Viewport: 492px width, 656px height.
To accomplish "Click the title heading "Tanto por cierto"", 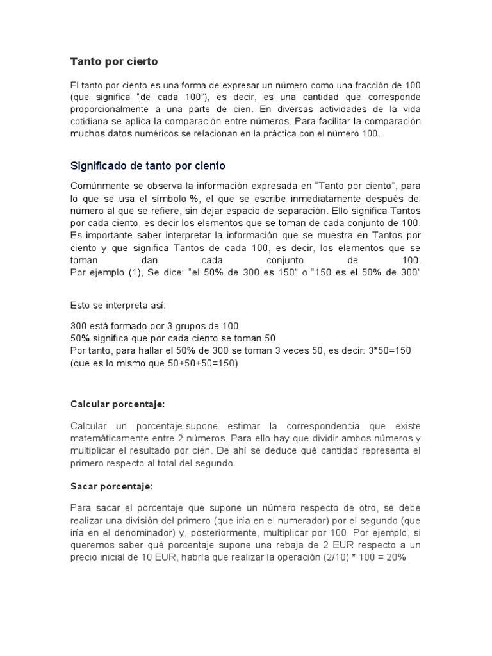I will click(113, 62).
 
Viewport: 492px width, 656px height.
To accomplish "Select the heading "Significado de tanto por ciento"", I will click(147, 166).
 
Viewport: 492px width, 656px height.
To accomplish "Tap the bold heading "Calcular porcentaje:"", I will click(117, 405).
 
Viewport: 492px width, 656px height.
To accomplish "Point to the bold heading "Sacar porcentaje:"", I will click(111, 487).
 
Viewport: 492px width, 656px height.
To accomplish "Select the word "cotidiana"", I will click(90, 122).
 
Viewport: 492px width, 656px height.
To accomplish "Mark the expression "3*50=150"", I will click(389, 350).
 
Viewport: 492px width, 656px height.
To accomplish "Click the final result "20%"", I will click(395, 557).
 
